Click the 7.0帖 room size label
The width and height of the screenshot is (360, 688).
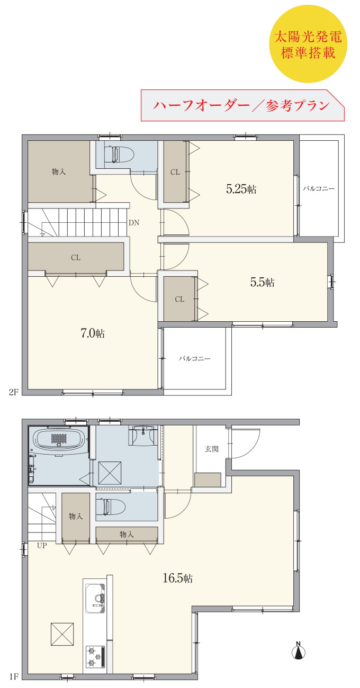coord(93,333)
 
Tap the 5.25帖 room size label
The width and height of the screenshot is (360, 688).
coord(241,189)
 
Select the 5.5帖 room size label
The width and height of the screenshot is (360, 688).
coord(262,282)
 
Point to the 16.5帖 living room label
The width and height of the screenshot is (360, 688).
coord(177,578)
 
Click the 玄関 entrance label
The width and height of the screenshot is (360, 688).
coord(212,449)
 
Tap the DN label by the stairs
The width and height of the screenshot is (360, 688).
coord(134,223)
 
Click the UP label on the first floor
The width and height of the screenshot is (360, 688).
coord(42,546)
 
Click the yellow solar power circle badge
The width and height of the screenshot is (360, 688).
coord(308,43)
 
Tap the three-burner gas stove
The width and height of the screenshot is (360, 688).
coord(95,657)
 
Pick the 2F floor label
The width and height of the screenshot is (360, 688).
coord(13,392)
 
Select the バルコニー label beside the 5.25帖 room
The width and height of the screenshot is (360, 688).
coord(319,188)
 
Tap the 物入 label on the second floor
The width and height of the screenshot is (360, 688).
coord(59,171)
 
